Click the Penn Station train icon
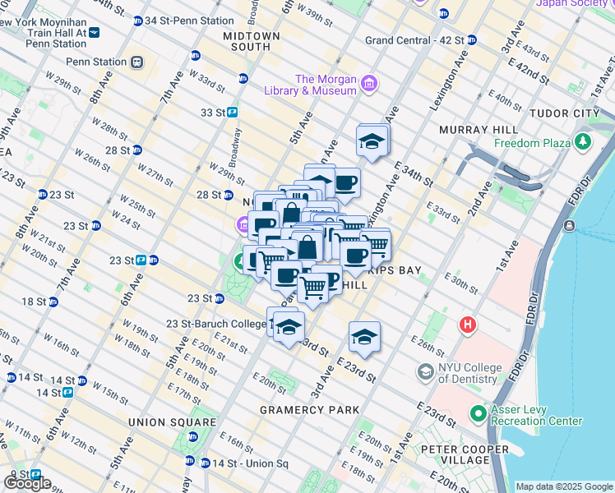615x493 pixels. click(x=136, y=62)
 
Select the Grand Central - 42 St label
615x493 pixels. click(x=414, y=39)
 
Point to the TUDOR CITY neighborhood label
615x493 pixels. click(x=577, y=113)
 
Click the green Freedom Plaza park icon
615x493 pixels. click(x=583, y=143)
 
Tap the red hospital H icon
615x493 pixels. click(x=468, y=325)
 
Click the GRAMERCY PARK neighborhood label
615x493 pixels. click(x=309, y=409)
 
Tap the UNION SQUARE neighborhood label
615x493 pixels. click(x=171, y=422)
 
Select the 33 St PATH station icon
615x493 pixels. click(x=233, y=113)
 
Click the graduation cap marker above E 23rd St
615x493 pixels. click(x=364, y=337)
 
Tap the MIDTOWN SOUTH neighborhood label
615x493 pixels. click(x=252, y=42)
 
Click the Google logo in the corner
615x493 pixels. click(x=26, y=483)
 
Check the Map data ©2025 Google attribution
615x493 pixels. click(x=564, y=486)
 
